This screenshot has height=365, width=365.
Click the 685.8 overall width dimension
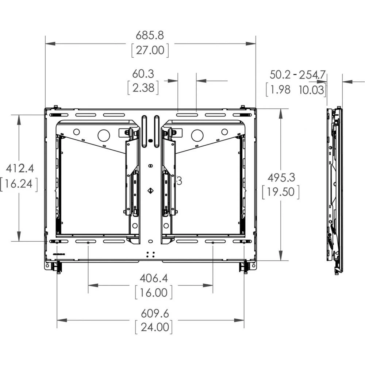150,35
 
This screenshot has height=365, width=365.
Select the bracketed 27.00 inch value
150,50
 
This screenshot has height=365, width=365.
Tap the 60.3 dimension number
143,74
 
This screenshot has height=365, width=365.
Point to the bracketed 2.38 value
143,88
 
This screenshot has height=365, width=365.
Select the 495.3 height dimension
281,177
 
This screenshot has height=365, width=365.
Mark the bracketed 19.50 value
281,192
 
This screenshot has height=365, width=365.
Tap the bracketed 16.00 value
153,292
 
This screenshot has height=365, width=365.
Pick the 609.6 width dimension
154,313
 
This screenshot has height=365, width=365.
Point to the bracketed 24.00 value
154,327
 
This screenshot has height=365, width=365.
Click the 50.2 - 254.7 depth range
297,75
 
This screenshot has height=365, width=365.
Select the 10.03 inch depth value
311,90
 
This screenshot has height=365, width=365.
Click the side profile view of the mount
334,190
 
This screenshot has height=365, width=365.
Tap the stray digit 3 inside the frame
179,180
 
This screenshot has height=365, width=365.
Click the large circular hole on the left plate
104,135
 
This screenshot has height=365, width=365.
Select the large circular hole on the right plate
197,135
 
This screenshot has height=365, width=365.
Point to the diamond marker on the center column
150,191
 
